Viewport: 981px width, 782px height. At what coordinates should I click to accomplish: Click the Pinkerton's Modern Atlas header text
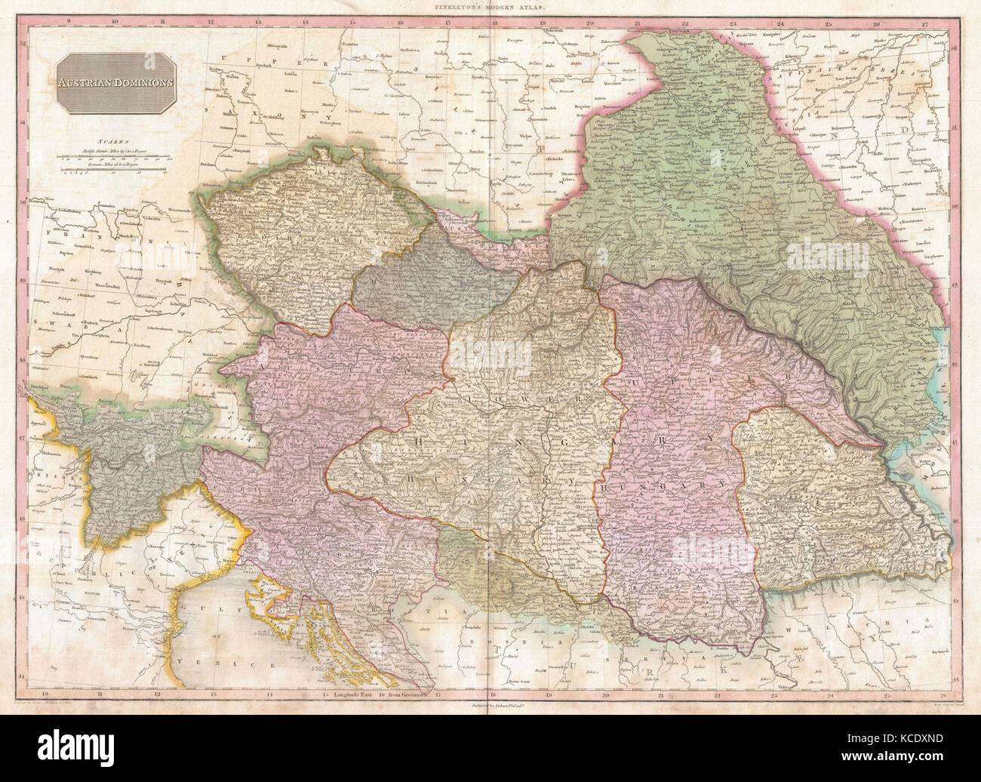coord(490,6)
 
